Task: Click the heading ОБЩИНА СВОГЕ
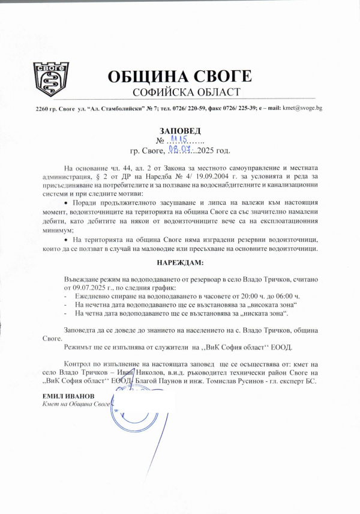(180, 77)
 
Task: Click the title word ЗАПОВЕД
(180, 130)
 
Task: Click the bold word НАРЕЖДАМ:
(180, 263)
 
